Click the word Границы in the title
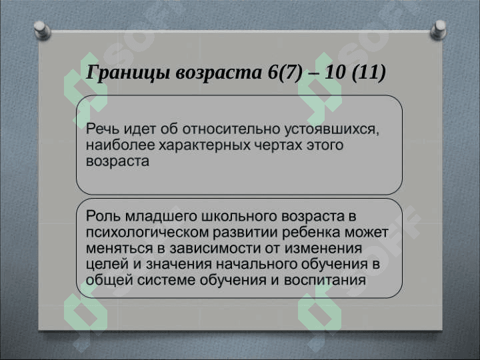pyautogui.click(x=127, y=73)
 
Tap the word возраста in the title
pyautogui.click(x=219, y=73)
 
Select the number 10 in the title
pyautogui.click(x=335, y=72)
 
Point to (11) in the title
pyautogui.click(x=369, y=73)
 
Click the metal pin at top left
pyautogui.click(x=42, y=30)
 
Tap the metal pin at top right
pyautogui.click(x=439, y=29)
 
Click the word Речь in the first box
pyautogui.click(x=102, y=129)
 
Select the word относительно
pyautogui.click(x=231, y=129)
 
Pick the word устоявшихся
pyautogui.click(x=332, y=130)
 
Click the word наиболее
pyautogui.click(x=120, y=145)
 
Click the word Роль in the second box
pyautogui.click(x=103, y=216)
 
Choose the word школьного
pyautogui.click(x=239, y=217)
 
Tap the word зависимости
pyautogui.click(x=215, y=248)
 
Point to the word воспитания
pyautogui.click(x=325, y=280)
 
